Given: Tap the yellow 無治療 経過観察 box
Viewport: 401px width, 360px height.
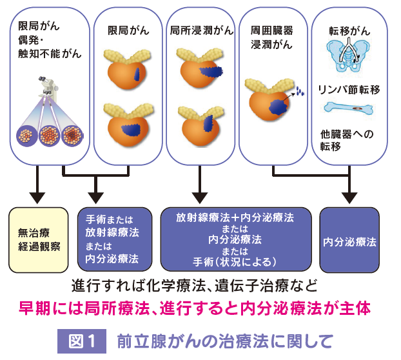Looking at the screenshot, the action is coord(39,240).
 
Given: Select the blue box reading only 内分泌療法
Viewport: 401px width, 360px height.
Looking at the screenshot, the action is coord(349,240).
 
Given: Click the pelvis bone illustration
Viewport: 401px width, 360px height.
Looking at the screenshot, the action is coord(349,54).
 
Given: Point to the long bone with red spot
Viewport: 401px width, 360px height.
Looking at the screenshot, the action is coord(348,108).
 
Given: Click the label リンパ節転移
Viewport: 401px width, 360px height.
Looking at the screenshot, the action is coord(349,90).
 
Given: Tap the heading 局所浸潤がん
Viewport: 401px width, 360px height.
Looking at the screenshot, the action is coord(202,30).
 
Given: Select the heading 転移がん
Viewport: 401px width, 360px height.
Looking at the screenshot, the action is coord(349,31).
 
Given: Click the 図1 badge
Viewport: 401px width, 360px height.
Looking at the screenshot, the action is coord(82,341).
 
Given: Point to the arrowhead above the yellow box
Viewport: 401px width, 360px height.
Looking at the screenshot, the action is coord(37,198).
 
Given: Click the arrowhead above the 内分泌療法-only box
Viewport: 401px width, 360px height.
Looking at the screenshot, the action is coord(349,198).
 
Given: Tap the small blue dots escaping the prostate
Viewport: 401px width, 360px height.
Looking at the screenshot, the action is coord(300,91).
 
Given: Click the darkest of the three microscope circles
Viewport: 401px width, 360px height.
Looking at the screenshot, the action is coord(72,135).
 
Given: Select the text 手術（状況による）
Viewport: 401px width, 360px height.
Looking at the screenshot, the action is coord(235,263).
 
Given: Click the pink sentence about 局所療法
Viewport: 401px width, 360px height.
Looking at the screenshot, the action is coord(195,308).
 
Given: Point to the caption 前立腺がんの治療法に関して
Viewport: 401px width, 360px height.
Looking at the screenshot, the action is coord(225,341).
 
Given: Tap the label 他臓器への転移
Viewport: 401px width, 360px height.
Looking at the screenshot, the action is coord(347,140).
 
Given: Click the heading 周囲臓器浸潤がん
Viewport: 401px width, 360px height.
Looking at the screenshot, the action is coord(271,37).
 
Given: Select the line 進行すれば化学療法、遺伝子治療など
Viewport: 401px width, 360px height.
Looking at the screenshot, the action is coord(194,286).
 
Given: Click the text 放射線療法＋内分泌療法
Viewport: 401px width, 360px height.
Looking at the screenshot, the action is coord(235,217).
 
